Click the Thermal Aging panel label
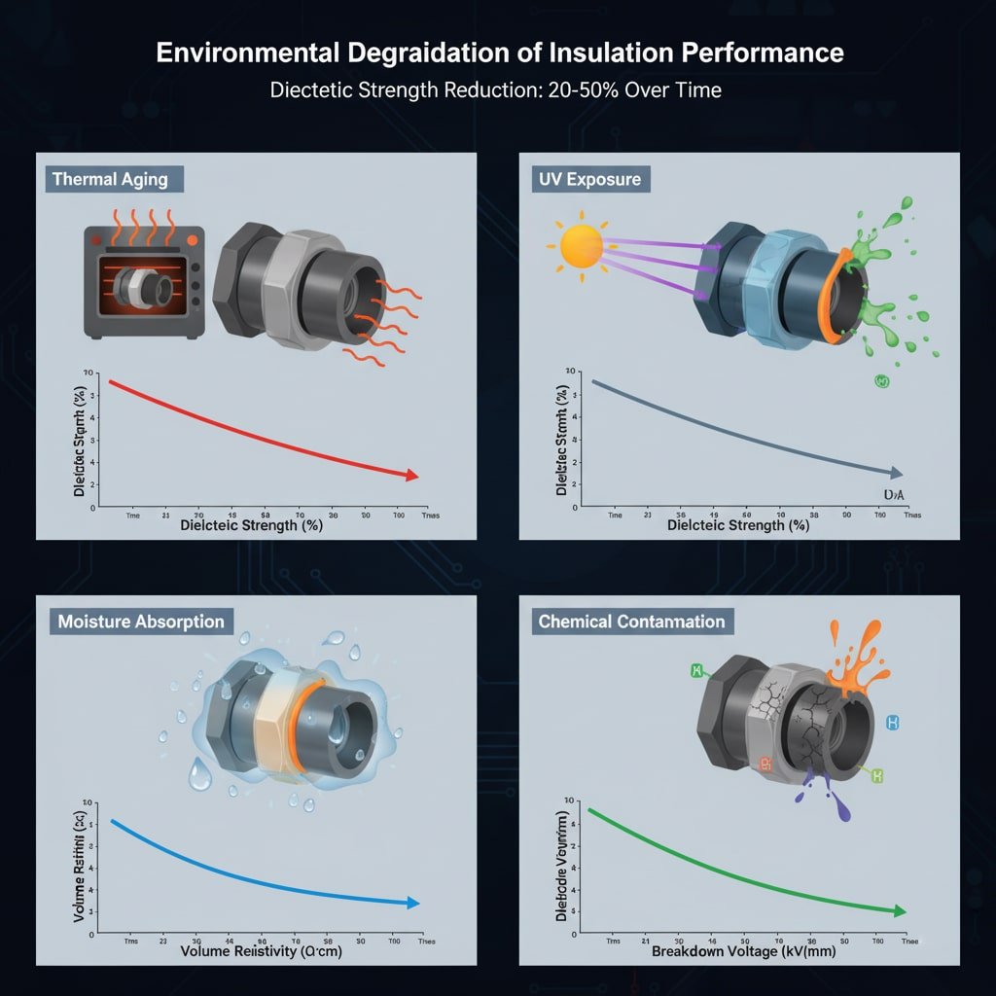(110, 179)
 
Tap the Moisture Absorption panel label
(141, 622)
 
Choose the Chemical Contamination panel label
(631, 622)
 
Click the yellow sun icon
(582, 245)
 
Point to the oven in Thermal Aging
(144, 282)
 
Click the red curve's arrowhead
(412, 475)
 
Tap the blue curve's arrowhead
(412, 903)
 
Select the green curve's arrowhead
(899, 911)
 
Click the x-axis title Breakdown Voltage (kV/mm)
(744, 950)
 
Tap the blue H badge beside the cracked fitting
(893, 723)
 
